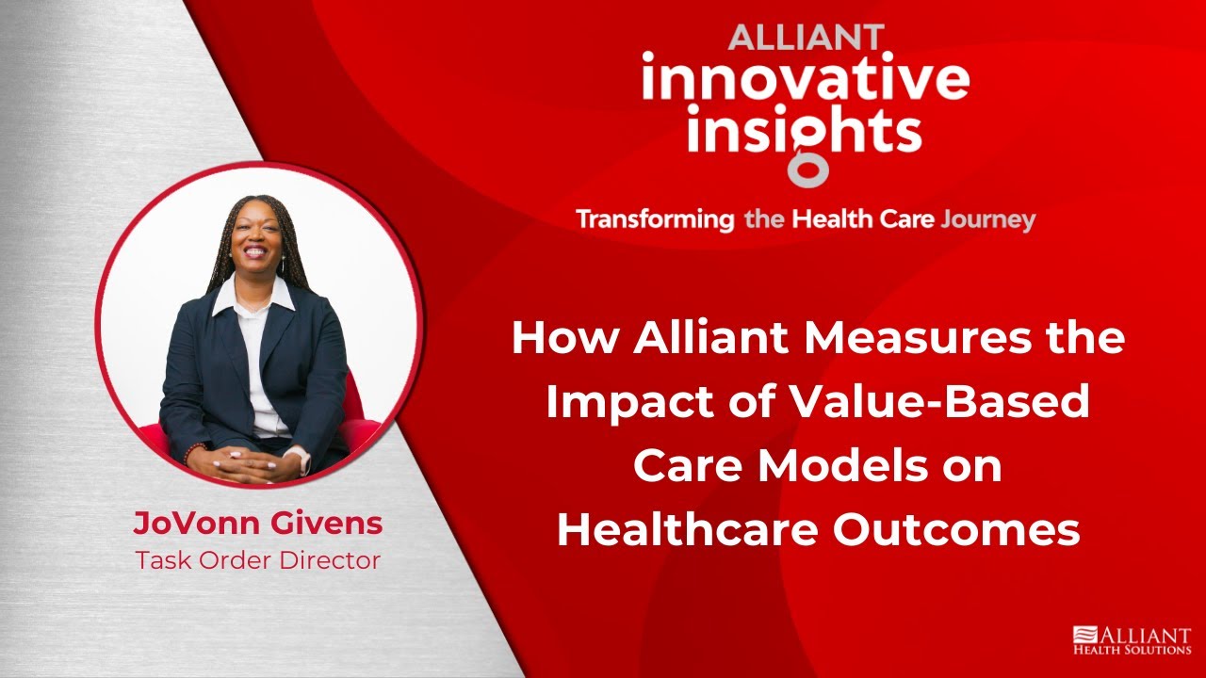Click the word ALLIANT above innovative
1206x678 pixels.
click(x=806, y=38)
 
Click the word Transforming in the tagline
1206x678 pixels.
click(x=655, y=220)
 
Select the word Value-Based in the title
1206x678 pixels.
click(x=937, y=403)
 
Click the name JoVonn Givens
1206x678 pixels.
click(x=257, y=525)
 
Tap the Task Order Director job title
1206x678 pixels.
click(x=257, y=560)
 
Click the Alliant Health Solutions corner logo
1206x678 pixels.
click(x=1132, y=640)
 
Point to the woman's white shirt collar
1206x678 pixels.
click(x=253, y=297)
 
